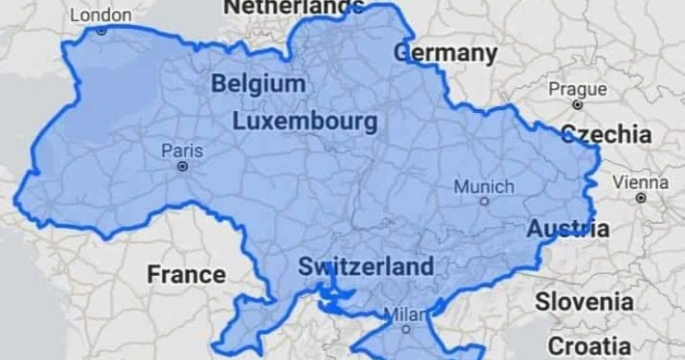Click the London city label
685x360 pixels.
pos(101,15)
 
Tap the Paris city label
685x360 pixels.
pos(181,150)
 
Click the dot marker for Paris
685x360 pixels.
pos(182,168)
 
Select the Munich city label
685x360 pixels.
pos(484,186)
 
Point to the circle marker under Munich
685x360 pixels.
pos(484,201)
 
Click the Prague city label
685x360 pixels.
pos(578,89)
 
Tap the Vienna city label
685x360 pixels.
pos(641,181)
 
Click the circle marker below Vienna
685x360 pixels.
pos(641,197)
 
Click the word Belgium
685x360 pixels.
pos(258,84)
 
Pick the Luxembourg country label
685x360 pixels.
pos(305,121)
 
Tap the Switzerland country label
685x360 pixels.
pos(366,267)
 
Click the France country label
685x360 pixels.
pos(186,274)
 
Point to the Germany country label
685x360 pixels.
pos(445,53)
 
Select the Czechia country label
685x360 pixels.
pos(606,133)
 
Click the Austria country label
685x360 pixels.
pos(568,229)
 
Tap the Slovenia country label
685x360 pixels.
pos(584,302)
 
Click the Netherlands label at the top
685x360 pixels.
pos(294,6)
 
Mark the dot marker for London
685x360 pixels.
pos(101,31)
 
